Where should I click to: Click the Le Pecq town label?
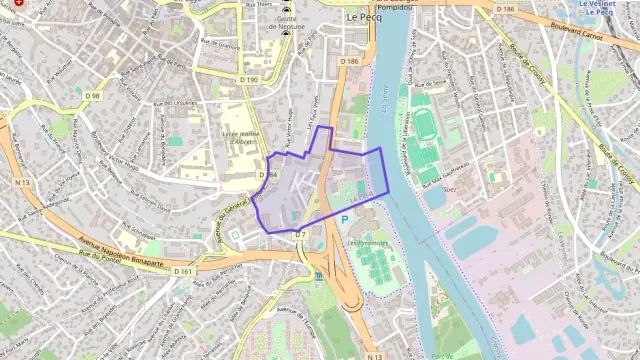tap(365, 17)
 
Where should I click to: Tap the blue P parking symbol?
tap(345, 219)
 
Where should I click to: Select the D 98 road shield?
tap(93, 96)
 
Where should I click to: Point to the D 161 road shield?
tap(182, 271)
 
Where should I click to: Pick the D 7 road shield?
tap(299, 234)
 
